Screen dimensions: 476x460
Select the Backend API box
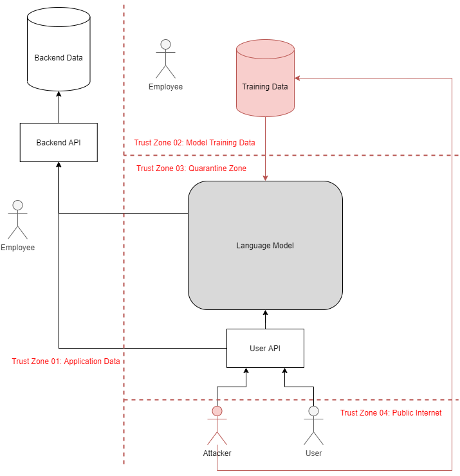point(59,142)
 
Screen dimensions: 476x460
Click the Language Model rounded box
point(265,245)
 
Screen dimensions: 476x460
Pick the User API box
point(265,348)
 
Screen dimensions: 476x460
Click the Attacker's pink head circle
point(217,411)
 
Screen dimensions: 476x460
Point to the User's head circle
point(313,411)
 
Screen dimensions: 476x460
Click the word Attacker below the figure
point(217,453)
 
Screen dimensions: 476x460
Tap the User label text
point(313,453)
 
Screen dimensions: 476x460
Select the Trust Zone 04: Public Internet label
point(391,413)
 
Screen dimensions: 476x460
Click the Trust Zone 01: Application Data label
point(66,362)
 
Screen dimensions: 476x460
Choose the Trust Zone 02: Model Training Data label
point(195,143)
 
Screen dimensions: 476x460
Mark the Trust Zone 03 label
point(192,169)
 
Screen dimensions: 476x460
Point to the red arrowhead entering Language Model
point(265,178)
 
